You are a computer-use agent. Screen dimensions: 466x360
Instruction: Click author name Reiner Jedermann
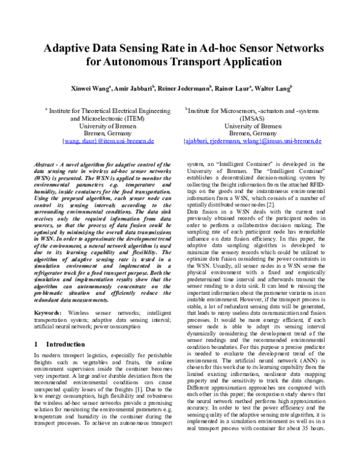(x=185, y=87)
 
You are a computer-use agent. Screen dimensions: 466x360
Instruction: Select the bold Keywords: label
(x=47, y=313)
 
